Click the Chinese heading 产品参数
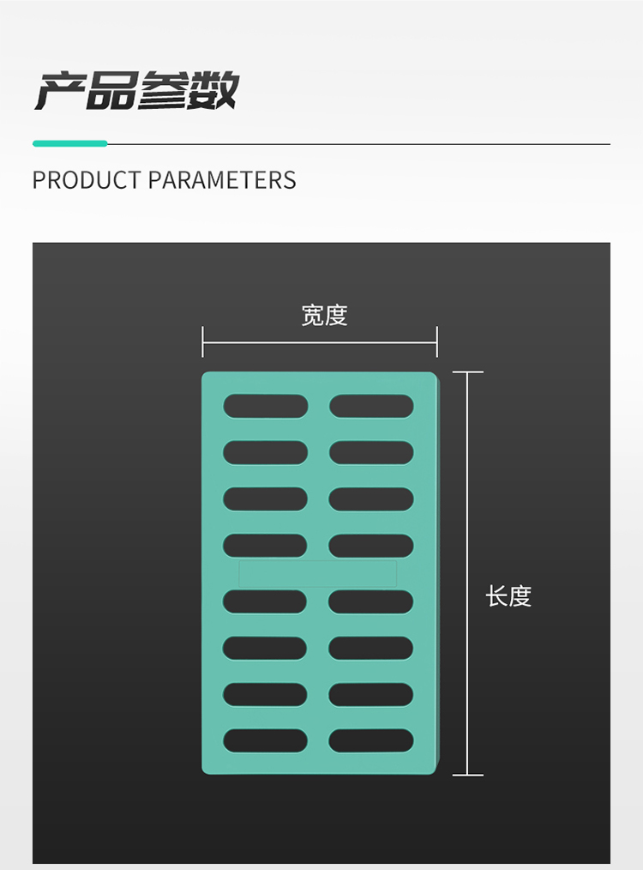[x=135, y=91]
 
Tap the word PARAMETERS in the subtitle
[x=222, y=180]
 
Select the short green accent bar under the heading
[x=69, y=143]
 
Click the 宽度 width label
[x=324, y=316]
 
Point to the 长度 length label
[x=509, y=596]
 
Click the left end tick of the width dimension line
[x=203, y=341]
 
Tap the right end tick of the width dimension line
[x=437, y=341]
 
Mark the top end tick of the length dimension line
[x=467, y=372]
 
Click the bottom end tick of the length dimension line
[x=467, y=775]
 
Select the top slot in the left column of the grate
[x=266, y=406]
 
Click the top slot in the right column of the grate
[x=371, y=406]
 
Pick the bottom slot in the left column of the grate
[x=266, y=740]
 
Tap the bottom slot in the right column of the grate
[x=371, y=740]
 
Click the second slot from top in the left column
[x=266, y=452]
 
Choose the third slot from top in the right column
[x=371, y=498]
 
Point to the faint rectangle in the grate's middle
[x=318, y=573]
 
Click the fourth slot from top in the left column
[x=266, y=545]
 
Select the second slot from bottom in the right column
[x=371, y=694]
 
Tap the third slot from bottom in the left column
[x=266, y=648]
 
